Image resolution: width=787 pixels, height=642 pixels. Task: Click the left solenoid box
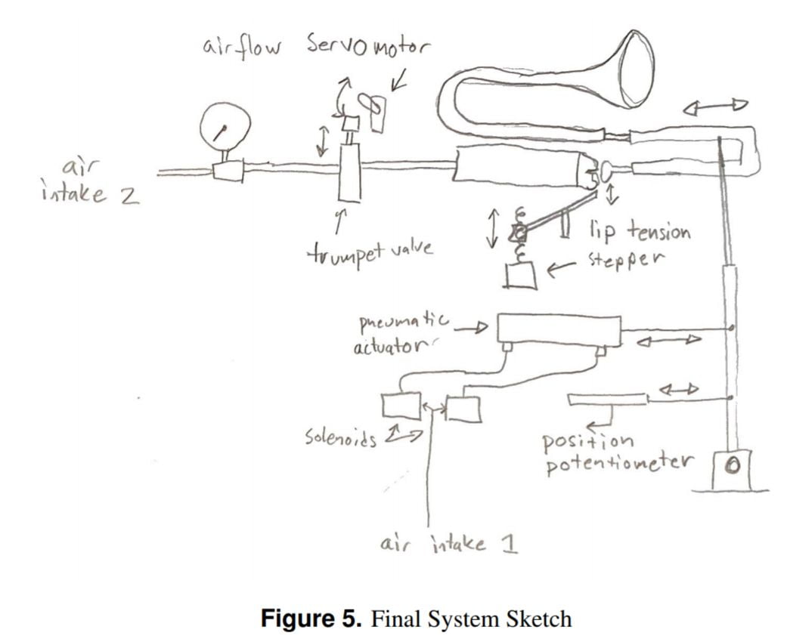coord(401,406)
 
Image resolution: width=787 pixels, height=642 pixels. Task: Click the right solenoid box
coord(463,409)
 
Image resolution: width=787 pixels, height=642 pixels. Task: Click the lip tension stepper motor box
coord(520,276)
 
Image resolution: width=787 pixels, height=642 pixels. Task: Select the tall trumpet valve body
coord(349,173)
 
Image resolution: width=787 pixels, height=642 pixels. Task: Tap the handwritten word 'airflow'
coord(241,47)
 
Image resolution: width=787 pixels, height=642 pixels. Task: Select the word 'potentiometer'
coord(618,462)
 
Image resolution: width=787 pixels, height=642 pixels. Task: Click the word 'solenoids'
coord(341,437)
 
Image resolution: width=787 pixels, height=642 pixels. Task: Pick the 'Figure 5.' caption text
coord(311,619)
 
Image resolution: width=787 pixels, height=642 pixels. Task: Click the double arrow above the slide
coord(715,107)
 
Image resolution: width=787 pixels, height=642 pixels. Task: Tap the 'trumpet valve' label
coord(370,248)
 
